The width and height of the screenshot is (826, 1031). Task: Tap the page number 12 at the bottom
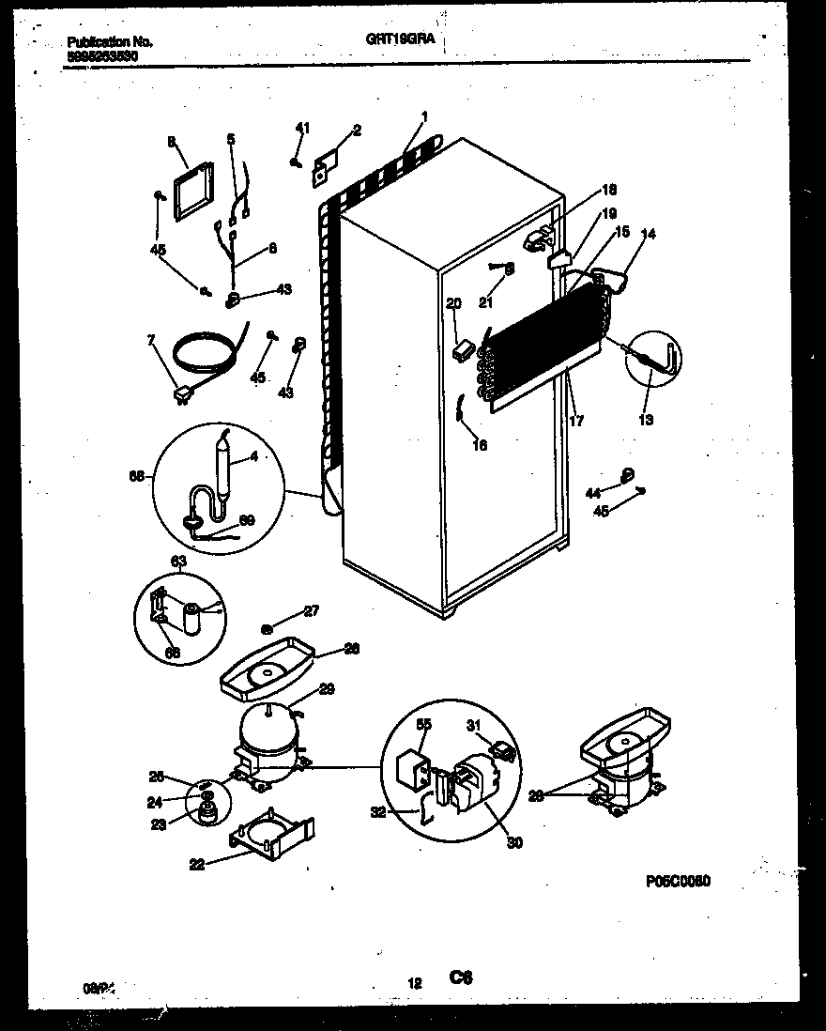414,983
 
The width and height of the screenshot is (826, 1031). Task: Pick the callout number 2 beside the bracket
357,130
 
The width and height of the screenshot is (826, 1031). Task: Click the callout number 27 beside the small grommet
312,611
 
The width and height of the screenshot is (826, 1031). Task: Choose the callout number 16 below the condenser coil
480,446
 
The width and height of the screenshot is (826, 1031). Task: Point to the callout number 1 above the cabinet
424,116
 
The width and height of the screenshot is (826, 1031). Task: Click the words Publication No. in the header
111,42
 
